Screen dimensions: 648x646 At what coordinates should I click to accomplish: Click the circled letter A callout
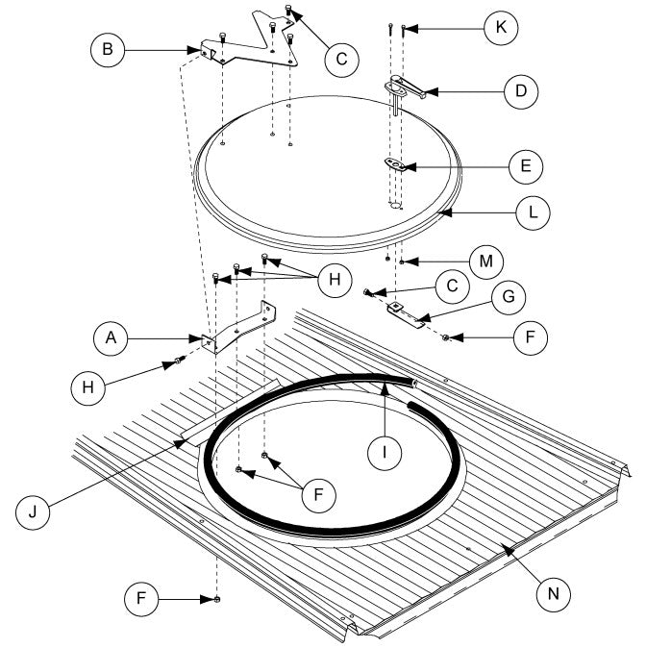(112, 339)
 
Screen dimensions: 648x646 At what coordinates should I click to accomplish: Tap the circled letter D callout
(521, 92)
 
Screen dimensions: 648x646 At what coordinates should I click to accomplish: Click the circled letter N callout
(553, 593)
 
